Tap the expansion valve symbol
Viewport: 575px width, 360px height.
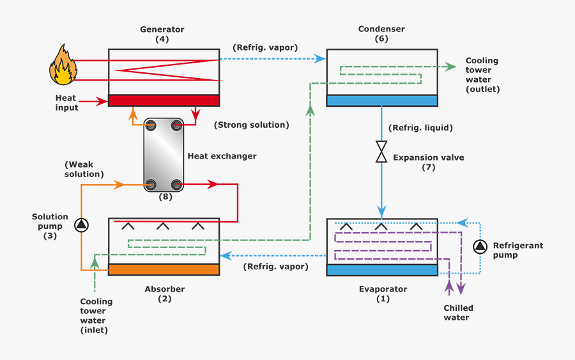[x=381, y=152]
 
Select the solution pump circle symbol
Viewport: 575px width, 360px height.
[x=82, y=225]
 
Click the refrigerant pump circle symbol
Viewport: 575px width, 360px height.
[x=480, y=246]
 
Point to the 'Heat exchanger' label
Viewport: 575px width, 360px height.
[x=222, y=156]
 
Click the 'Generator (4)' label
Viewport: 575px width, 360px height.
[x=162, y=35]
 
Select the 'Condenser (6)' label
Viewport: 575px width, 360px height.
[x=381, y=34]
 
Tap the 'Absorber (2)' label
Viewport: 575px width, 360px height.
[x=164, y=293]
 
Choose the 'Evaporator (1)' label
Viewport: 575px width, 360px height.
[x=383, y=293]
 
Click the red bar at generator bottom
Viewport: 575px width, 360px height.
[x=164, y=100]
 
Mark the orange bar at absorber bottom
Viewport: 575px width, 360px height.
[x=164, y=269]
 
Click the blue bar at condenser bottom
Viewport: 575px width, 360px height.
[x=382, y=100]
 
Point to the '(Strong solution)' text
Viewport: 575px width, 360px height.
[x=251, y=125]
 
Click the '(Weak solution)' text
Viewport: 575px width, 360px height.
[x=84, y=169]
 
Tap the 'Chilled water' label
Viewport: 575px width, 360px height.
[x=459, y=313]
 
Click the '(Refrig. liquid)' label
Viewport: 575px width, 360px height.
[x=420, y=128]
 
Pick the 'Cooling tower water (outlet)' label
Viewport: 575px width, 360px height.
[x=482, y=75]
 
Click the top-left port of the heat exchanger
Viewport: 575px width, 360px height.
[x=151, y=126]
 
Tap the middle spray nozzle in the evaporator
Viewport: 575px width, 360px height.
[x=381, y=226]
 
